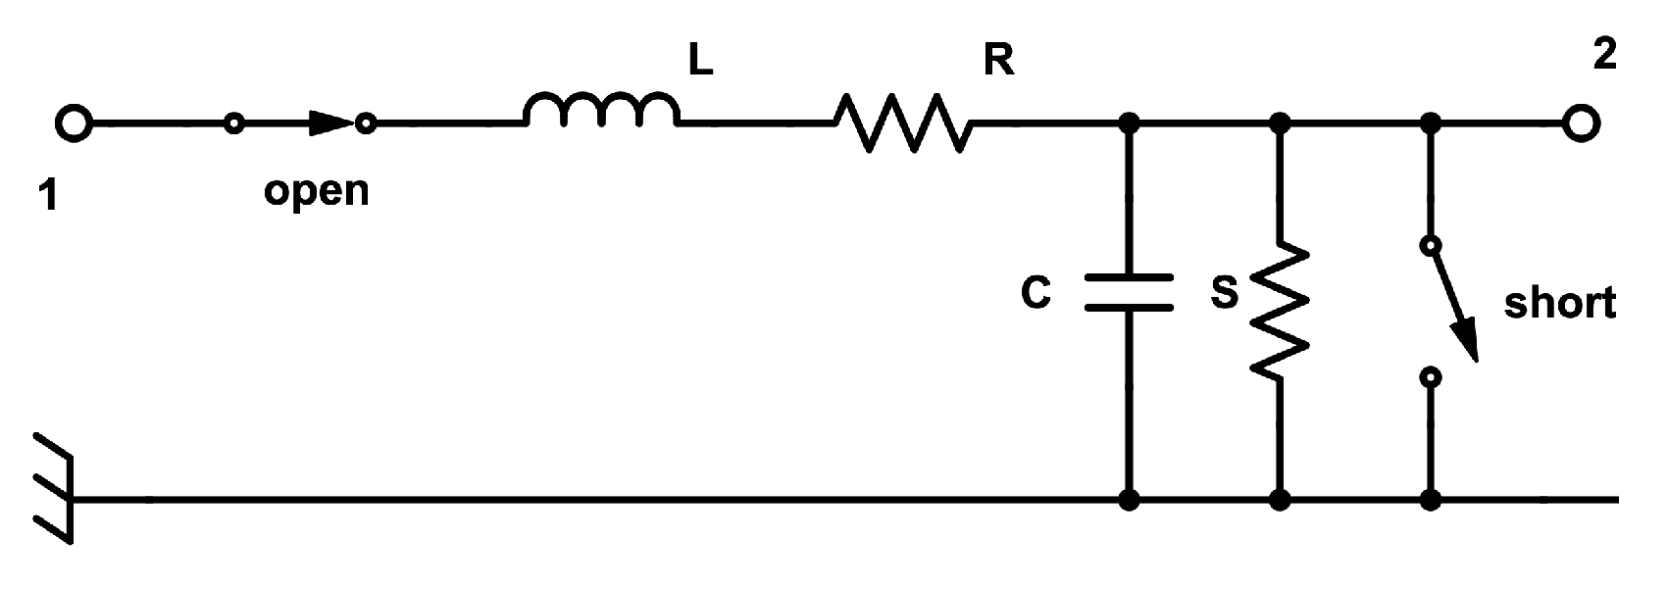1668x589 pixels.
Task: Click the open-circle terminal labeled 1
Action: click(73, 124)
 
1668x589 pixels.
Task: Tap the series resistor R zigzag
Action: click(902, 123)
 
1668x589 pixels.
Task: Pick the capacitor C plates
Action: click(1129, 292)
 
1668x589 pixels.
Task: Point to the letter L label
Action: click(700, 62)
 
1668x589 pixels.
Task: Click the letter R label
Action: click(998, 61)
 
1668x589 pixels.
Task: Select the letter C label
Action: click(1036, 293)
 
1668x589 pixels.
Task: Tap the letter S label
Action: click(1224, 292)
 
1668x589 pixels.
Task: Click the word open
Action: click(316, 191)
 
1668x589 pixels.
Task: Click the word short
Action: click(1560, 304)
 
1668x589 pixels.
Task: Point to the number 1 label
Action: click(48, 197)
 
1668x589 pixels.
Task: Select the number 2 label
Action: click(1604, 55)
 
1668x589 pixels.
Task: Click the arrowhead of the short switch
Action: click(1464, 343)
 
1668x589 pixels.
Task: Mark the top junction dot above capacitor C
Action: click(1129, 124)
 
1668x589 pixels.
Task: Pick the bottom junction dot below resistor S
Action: click(1279, 501)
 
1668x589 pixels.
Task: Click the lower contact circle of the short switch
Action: click(1431, 376)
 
